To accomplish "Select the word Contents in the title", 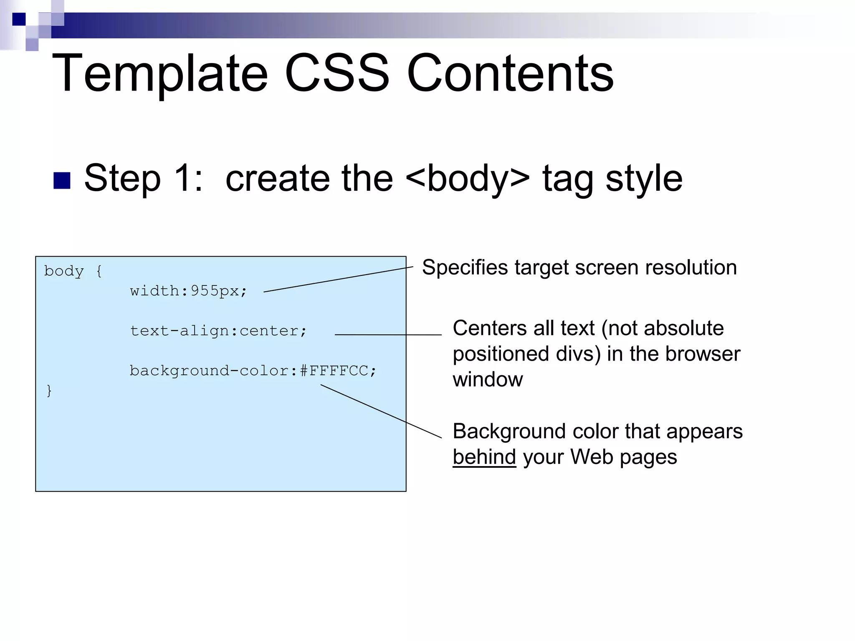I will click(510, 73).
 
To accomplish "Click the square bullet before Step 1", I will click(62, 181).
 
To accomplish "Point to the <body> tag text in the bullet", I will click(467, 179).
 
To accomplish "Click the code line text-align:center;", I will click(218, 331).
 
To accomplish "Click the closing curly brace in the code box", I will click(49, 391).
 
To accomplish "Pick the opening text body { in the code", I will click(73, 271).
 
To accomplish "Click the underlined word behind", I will click(484, 457).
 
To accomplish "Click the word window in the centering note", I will click(488, 380).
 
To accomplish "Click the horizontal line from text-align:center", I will click(388, 335).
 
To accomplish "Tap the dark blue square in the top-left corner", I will click(19, 19).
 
